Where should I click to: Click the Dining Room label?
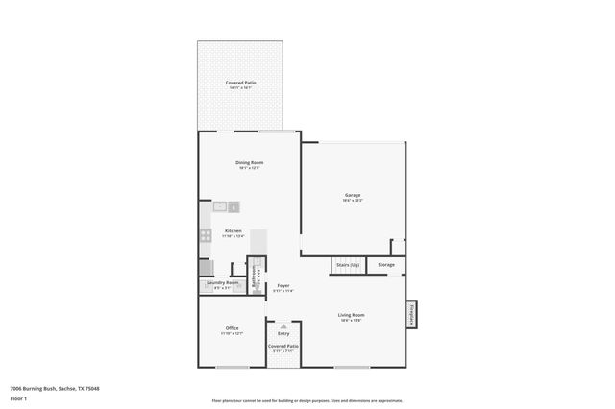click(x=250, y=163)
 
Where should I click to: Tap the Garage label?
click(x=353, y=195)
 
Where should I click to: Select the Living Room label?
click(x=351, y=315)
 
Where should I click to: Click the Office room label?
click(x=232, y=328)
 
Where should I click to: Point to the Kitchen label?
click(x=234, y=230)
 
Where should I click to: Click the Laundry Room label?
click(x=222, y=282)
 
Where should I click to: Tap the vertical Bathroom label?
click(x=255, y=275)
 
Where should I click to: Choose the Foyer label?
click(x=283, y=285)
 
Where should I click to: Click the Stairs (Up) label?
click(x=347, y=264)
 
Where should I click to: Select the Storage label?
click(x=385, y=264)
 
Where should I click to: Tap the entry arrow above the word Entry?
click(x=283, y=325)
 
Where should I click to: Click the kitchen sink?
click(x=225, y=206)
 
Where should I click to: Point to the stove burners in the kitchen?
click(x=206, y=235)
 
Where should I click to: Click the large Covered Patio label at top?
click(x=241, y=83)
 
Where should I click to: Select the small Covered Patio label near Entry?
click(x=283, y=346)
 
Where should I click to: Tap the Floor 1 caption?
click(x=19, y=398)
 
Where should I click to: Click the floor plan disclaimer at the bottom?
click(x=307, y=400)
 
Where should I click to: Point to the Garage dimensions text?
click(x=353, y=201)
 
